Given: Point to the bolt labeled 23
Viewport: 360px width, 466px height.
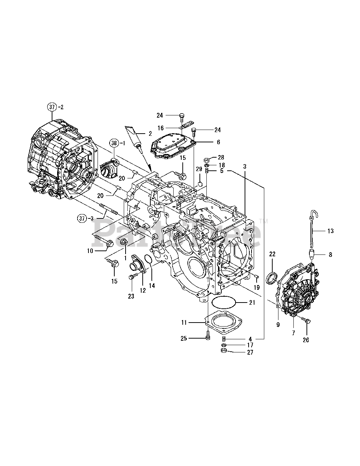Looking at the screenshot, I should [131, 278].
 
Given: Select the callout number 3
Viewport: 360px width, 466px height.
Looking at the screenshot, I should [245, 166].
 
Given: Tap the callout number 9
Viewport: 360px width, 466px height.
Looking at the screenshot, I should [278, 325].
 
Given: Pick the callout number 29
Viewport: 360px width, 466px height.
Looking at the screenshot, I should [199, 169].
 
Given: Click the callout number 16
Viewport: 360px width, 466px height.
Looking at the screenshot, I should [161, 128].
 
